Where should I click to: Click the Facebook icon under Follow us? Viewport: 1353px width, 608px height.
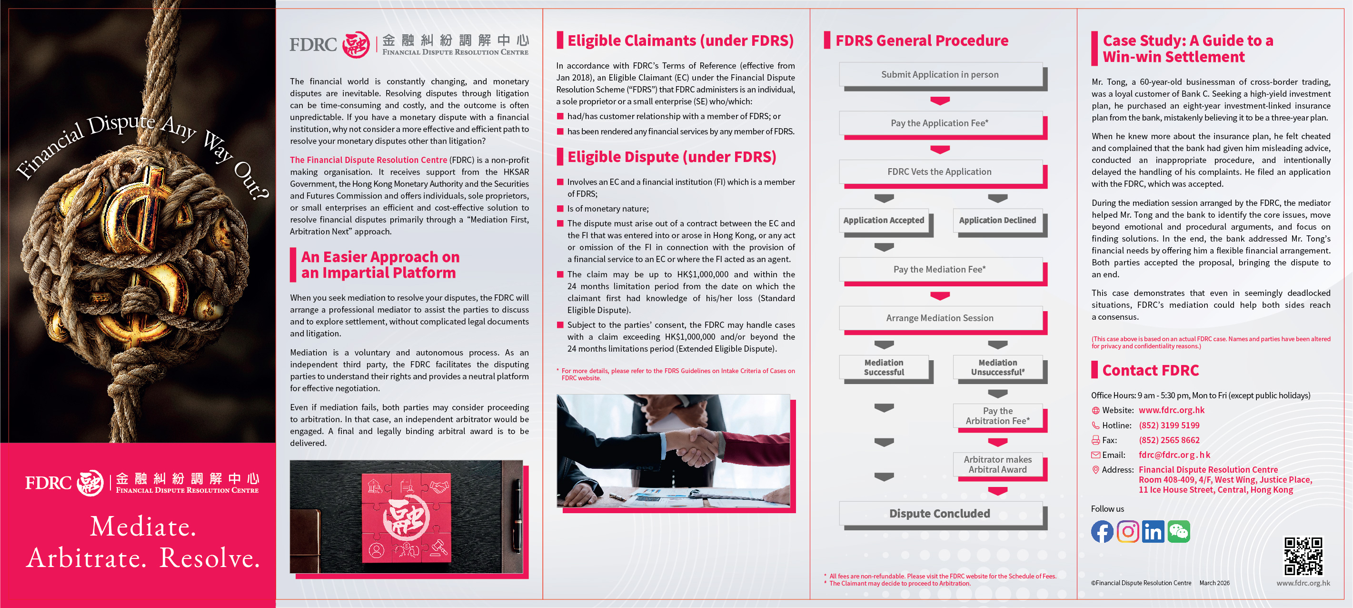[x=1102, y=531]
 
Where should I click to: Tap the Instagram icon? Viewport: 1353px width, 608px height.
[x=1128, y=531]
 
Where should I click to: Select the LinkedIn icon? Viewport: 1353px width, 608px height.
[x=1153, y=531]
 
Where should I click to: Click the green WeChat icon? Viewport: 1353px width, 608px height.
[x=1179, y=531]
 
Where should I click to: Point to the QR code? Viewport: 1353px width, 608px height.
[x=1303, y=556]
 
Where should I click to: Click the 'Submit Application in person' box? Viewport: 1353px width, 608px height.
[x=940, y=75]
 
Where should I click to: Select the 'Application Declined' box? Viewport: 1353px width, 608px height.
[x=997, y=220]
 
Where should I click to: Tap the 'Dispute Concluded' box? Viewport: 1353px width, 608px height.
[x=940, y=513]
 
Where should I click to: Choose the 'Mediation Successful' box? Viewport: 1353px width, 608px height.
[x=884, y=367]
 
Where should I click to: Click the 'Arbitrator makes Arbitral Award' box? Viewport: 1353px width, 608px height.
[x=997, y=465]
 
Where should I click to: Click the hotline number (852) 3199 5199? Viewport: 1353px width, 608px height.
[x=1169, y=425]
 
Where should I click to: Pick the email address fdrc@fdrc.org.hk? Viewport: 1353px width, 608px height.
[x=1174, y=455]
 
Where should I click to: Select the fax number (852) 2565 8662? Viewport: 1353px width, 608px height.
[x=1169, y=440]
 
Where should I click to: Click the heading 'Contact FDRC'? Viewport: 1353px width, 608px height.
[x=1150, y=371]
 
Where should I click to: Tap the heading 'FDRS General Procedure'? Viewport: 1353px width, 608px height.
[x=922, y=41]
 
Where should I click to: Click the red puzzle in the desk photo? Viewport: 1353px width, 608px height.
[x=407, y=517]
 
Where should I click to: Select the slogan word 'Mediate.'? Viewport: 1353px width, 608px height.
[x=143, y=526]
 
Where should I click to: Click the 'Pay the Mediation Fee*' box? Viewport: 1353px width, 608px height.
[x=940, y=270]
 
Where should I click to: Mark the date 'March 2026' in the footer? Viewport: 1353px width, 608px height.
[x=1214, y=583]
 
